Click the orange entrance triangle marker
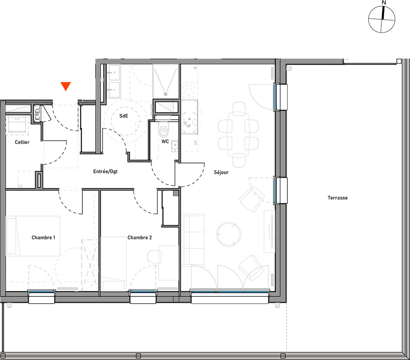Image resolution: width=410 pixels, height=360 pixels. pos(66,86)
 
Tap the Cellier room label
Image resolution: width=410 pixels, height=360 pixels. pos(22,142)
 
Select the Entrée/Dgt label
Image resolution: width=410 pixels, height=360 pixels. pos(105,172)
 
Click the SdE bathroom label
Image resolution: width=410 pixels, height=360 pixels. pos(124,116)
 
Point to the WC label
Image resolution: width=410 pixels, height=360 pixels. pos(165,142)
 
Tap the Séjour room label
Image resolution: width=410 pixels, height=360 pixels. pos(221,172)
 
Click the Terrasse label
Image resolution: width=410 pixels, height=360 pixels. pos(337,198)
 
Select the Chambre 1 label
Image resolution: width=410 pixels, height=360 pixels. pos(43,238)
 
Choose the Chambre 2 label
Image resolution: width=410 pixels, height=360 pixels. pos(140,238)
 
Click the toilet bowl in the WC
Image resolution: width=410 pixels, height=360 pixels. pos(164,129)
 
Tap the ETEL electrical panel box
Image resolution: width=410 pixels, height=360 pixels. pos(37,113)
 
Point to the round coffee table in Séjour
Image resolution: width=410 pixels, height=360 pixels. pos(228,234)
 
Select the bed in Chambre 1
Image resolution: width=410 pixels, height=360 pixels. pos(33,236)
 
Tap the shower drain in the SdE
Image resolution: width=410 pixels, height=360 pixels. pos(166,94)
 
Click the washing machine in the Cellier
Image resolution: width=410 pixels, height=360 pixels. pos(17,124)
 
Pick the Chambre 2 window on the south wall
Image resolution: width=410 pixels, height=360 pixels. pos(143,291)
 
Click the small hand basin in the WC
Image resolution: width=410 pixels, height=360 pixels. pos(175,146)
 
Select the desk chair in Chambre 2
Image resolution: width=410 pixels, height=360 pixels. pos(155,257)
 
